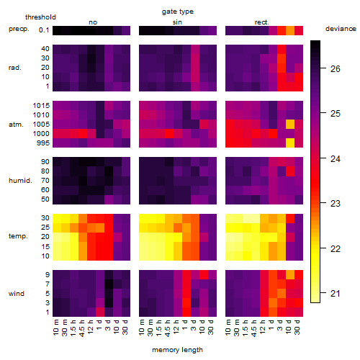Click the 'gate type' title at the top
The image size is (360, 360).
click(x=178, y=12)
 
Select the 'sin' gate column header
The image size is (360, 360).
click(x=177, y=22)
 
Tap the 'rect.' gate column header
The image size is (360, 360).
click(x=261, y=22)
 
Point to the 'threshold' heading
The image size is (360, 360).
click(x=40, y=17)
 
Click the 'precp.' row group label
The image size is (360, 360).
click(x=19, y=29)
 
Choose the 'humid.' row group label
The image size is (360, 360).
click(x=20, y=180)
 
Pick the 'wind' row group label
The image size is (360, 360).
click(x=17, y=294)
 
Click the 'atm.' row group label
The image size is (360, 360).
click(x=16, y=125)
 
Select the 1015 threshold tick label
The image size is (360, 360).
click(x=41, y=105)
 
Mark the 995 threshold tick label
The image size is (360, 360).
click(x=43, y=143)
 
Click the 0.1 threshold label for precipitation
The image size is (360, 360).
click(x=44, y=30)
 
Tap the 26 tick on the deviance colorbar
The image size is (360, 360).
click(x=336, y=69)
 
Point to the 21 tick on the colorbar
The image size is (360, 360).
click(x=336, y=293)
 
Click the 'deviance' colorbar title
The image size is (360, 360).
click(x=341, y=29)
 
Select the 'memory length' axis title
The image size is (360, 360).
click(x=177, y=350)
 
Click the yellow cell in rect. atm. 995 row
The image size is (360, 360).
click(x=290, y=143)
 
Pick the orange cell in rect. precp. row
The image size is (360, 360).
click(x=290, y=30)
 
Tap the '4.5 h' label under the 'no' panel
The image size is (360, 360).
click(x=81, y=328)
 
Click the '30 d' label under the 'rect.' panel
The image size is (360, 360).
click(x=297, y=327)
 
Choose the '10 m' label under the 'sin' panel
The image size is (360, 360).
click(x=142, y=328)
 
